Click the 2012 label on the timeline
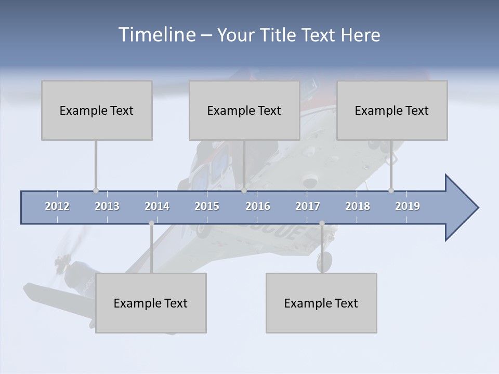coord(57,206)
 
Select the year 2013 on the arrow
coord(107,206)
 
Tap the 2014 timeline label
coord(157,206)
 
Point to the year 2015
coord(207,206)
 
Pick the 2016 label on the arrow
coord(258,206)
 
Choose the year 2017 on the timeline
coord(308,206)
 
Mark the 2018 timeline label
coord(358,206)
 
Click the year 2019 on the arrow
coord(408,206)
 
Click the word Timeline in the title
coord(155,35)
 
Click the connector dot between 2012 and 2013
coord(96,191)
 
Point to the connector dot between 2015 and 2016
coord(244,191)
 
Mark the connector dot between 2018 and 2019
coord(391,191)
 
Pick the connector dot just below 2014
coord(151,223)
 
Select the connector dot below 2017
coord(322,223)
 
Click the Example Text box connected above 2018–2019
coord(392,110)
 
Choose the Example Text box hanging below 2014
coord(151,303)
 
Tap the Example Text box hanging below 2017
coord(321,303)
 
